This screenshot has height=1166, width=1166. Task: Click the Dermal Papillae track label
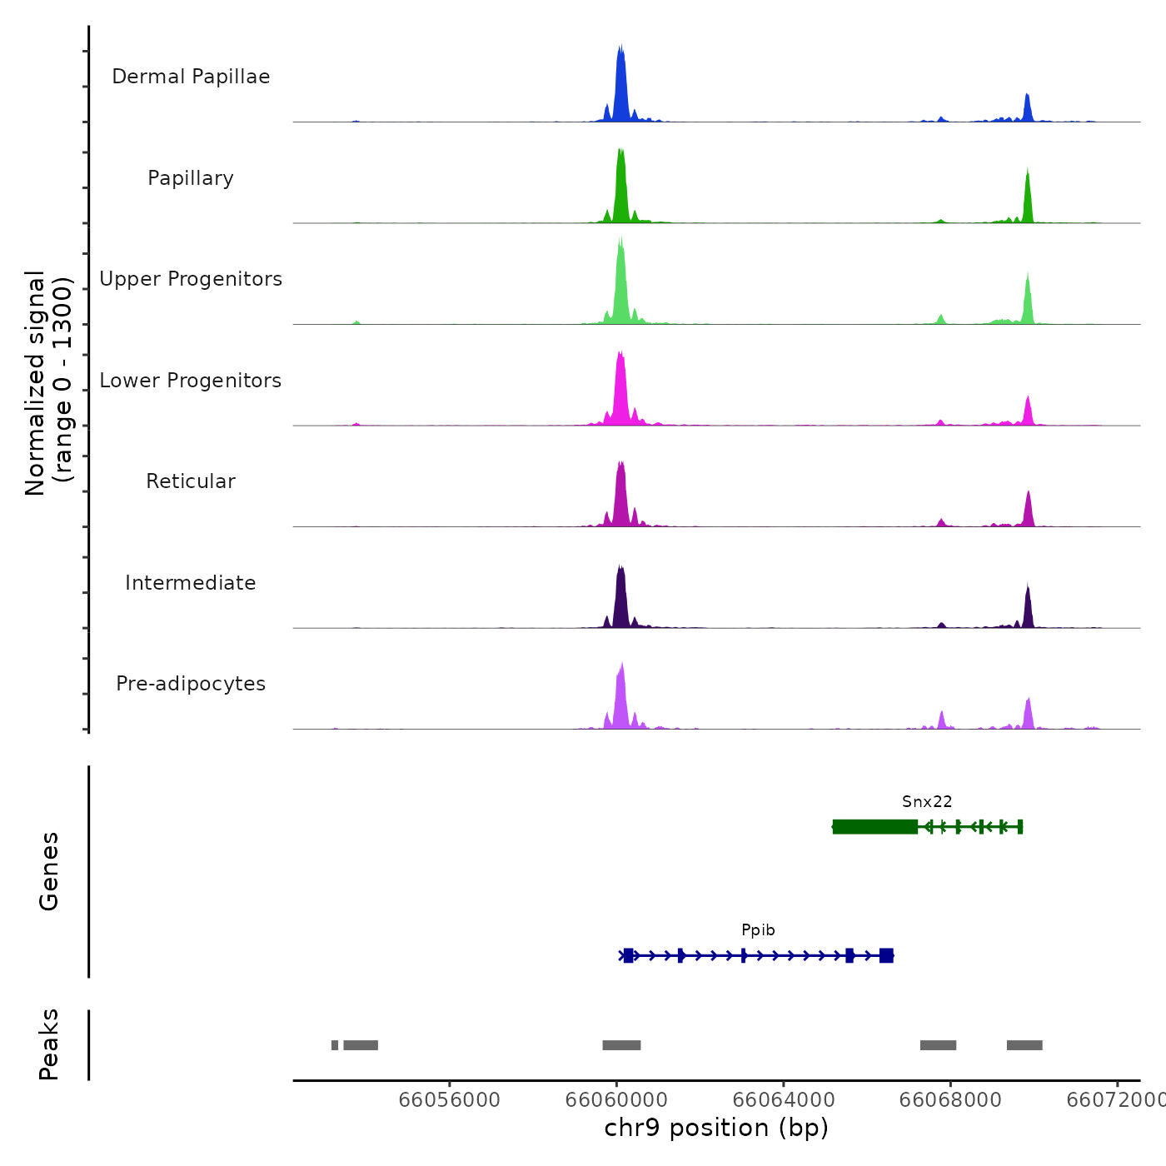pyautogui.click(x=191, y=77)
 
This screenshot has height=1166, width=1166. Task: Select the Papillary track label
pyautogui.click(x=191, y=178)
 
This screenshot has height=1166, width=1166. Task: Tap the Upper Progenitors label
pyautogui.click(x=191, y=279)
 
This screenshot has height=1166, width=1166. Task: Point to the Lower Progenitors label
pyautogui.click(x=191, y=381)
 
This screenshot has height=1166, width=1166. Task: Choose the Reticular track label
pyautogui.click(x=191, y=481)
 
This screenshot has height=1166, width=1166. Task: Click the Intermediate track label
pyautogui.click(x=191, y=583)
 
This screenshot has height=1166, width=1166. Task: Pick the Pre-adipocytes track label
pyautogui.click(x=191, y=684)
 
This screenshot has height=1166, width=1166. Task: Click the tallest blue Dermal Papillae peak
pyautogui.click(x=620, y=83)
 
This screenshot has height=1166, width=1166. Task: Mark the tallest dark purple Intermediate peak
pyautogui.click(x=620, y=595)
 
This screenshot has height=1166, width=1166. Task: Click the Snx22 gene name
pyautogui.click(x=927, y=802)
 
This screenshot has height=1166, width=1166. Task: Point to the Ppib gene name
pyautogui.click(x=758, y=930)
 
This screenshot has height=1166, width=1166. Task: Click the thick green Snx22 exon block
pyautogui.click(x=874, y=826)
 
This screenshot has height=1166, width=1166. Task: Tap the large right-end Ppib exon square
pyautogui.click(x=886, y=955)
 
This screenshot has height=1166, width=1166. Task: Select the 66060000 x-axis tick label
pyautogui.click(x=616, y=1099)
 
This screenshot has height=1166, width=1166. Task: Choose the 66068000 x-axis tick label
pyautogui.click(x=950, y=1099)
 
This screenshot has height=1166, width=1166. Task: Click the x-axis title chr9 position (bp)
pyautogui.click(x=716, y=1128)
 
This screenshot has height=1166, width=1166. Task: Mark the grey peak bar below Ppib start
pyautogui.click(x=621, y=1045)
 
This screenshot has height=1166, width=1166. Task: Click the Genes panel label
pyautogui.click(x=49, y=871)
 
